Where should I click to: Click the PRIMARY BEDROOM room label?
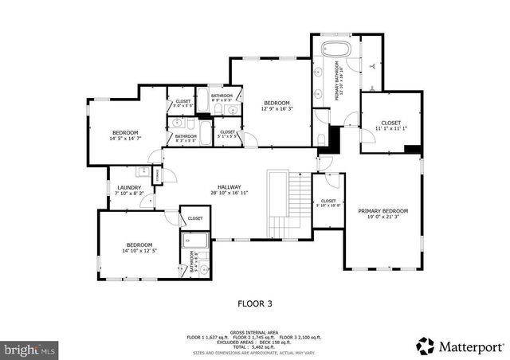tap(382, 211)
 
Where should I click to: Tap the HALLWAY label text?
tap(229, 188)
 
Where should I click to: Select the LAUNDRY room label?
tap(128, 188)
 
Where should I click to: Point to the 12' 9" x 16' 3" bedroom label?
tap(277, 106)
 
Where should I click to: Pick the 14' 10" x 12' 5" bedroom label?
tap(139, 248)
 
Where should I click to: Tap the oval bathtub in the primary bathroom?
tap(335, 49)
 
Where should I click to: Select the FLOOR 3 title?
tap(255, 303)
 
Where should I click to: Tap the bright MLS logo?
tap(30, 349)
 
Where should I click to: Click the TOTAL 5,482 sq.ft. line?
tap(255, 346)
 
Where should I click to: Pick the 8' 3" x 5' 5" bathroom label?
tap(186, 138)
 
